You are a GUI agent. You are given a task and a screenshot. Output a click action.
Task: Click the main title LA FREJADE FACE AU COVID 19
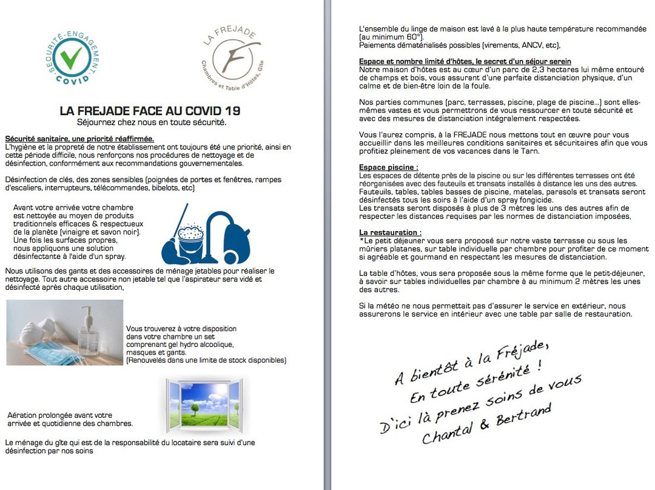150,111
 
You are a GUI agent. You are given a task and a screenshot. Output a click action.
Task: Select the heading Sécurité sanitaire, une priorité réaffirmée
79,139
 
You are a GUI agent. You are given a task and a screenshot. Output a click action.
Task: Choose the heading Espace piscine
389,167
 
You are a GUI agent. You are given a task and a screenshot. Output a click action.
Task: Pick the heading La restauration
390,232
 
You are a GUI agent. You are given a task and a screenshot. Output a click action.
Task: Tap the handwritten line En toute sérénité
475,383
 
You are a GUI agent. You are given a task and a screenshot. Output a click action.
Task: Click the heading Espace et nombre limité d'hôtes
465,62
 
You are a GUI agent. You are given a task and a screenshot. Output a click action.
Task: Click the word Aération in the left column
22,415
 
